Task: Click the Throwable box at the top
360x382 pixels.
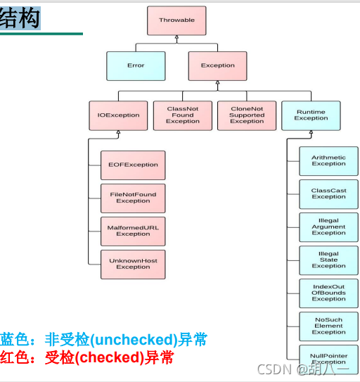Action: coord(176,20)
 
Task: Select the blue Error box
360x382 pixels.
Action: coord(136,65)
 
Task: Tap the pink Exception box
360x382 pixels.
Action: coord(218,65)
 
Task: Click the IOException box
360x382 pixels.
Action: coord(114,115)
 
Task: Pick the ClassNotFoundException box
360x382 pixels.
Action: coord(183,115)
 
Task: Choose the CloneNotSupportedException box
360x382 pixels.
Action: coord(247,115)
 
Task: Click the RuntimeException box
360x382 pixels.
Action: coord(311,115)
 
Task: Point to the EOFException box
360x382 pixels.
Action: coord(133,165)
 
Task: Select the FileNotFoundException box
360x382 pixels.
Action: coord(133,198)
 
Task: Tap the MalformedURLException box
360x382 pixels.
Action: coord(133,231)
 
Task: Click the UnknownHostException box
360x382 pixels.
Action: coord(133,264)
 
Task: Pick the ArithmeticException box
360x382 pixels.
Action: coord(328,160)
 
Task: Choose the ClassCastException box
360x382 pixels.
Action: coord(328,193)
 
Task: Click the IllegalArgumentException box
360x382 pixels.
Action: coord(328,227)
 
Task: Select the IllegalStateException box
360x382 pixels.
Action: coord(328,260)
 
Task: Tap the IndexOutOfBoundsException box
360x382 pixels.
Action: coord(328,293)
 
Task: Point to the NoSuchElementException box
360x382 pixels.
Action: coord(328,326)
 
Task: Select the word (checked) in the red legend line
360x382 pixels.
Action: coord(108,357)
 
